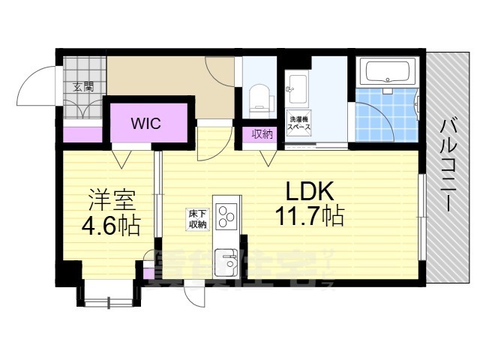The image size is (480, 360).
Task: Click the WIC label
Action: tap(146, 123)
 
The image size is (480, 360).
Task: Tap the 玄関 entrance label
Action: tap(83, 87)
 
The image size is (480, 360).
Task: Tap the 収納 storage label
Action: tap(262, 134)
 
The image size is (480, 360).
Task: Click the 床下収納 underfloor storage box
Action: tap(197, 219)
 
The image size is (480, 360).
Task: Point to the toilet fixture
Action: tap(259, 97)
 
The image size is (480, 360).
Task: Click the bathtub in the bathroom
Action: tap(386, 73)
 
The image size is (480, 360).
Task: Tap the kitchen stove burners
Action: tap(226, 214)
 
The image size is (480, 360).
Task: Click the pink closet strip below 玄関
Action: tap(81, 136)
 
